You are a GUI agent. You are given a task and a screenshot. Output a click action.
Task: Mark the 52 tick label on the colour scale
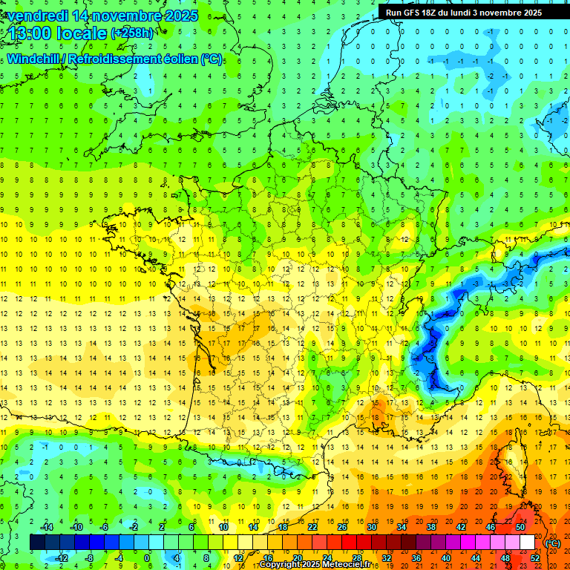[535, 558]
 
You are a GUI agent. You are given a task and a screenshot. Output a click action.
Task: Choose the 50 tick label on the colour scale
[520, 527]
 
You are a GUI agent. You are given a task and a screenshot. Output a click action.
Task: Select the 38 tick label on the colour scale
[430, 527]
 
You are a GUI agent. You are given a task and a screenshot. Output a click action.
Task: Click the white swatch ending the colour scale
[528, 543]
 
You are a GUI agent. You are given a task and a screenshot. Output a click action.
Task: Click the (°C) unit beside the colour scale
[552, 543]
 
